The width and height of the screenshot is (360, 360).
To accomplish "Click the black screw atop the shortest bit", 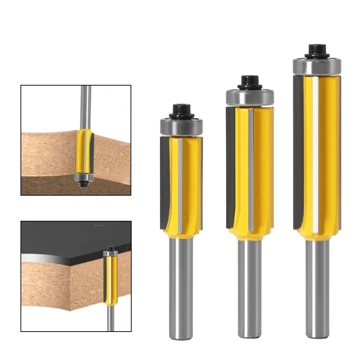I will point(181,110).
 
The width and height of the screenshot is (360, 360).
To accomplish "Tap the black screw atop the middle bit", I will point(250,82).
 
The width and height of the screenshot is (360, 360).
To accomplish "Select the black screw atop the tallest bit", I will point(317,50).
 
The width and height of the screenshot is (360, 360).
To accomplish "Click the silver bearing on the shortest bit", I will point(181,127).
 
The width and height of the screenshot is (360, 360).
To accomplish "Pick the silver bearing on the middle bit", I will point(250,97).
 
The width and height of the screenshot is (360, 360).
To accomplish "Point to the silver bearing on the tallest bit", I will point(317,67).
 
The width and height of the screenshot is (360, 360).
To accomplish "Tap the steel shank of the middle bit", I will point(250,288).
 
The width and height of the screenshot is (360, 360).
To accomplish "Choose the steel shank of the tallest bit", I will point(317,288).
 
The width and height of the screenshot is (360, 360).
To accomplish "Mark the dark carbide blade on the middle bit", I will point(230,169).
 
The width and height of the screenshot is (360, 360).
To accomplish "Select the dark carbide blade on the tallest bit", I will point(298,151).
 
